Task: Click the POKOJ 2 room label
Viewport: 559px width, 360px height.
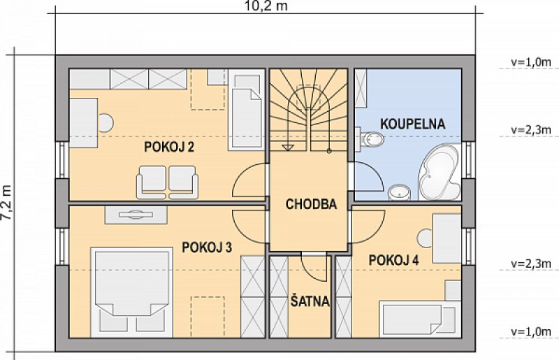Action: [169, 147]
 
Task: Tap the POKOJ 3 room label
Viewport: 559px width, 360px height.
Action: [207, 247]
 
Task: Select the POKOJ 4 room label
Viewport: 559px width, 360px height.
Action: [393, 260]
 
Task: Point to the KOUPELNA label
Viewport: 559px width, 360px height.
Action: [413, 124]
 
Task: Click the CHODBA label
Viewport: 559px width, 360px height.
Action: [311, 203]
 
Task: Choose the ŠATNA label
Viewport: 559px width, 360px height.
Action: [310, 301]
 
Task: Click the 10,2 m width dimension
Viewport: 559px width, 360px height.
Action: [266, 6]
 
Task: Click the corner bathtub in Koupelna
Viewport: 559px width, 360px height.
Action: [439, 172]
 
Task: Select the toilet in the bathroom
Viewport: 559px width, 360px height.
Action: [371, 139]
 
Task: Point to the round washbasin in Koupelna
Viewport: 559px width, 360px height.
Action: [399, 192]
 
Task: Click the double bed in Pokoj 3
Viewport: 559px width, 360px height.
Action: [131, 292]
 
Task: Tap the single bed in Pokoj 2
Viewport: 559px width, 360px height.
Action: [246, 110]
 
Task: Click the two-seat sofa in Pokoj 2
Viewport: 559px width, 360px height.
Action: [167, 182]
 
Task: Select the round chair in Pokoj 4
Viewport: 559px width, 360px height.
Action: [425, 238]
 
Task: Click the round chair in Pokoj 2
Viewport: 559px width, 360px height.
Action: [106, 122]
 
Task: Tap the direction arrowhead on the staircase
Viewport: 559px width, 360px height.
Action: [288, 147]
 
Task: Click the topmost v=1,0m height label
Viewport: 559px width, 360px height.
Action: [531, 62]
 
